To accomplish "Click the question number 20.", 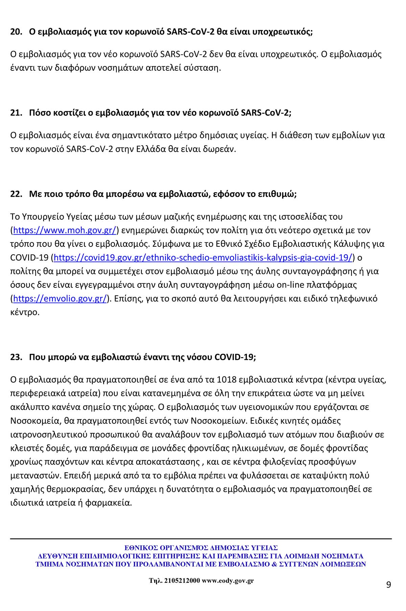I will point(16,32).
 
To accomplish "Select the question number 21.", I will point(16,113).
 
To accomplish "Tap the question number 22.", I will point(16,194).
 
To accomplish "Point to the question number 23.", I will point(16,357).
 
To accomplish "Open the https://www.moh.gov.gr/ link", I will point(65,231).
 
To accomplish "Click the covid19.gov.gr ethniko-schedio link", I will point(203,258).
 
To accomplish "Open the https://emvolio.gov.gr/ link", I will point(60,299).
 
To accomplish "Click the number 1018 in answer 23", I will point(226,380).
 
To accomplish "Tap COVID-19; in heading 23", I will point(235,357).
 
